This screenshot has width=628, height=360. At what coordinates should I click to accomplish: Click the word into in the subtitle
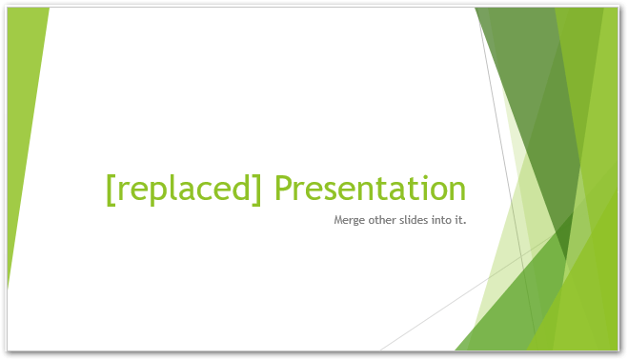444,221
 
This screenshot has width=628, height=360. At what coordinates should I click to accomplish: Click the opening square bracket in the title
111,189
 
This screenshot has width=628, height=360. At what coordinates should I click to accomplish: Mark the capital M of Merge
339,221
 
